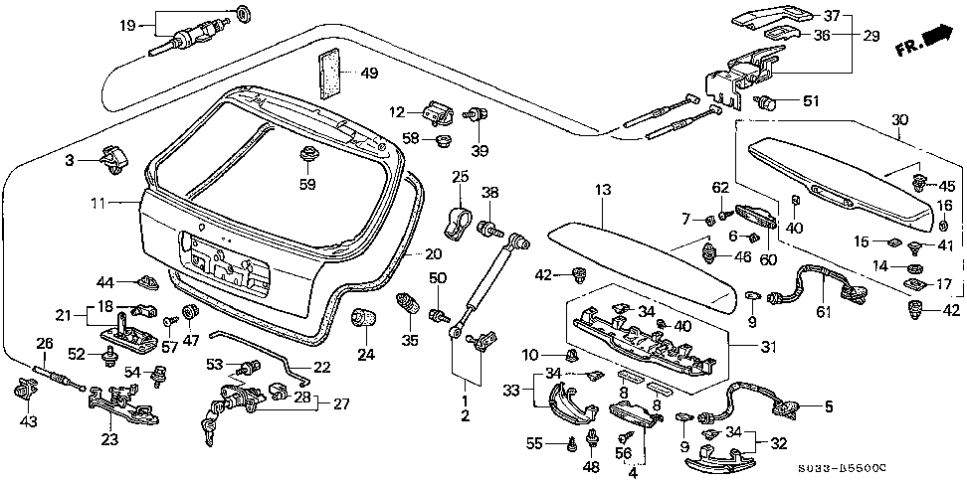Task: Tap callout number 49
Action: tap(370, 74)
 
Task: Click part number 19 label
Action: tap(127, 24)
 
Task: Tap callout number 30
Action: tap(899, 120)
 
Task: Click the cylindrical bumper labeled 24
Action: tap(365, 319)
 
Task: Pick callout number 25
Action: tap(459, 177)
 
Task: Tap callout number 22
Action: tap(321, 367)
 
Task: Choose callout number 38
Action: tap(489, 192)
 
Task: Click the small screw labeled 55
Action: tap(573, 443)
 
